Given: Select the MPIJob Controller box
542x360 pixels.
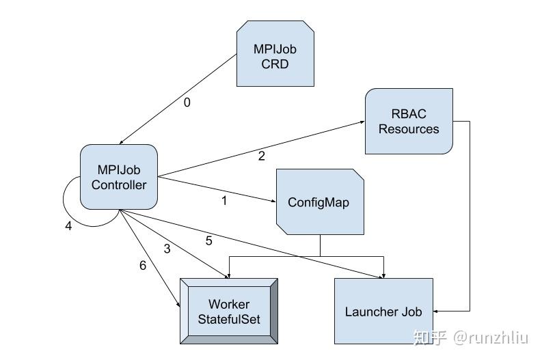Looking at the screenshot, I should (119, 176).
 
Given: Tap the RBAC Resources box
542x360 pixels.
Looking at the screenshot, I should (409, 121).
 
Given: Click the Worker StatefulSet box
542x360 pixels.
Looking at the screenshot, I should (228, 311).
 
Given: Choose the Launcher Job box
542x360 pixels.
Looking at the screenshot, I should (383, 311).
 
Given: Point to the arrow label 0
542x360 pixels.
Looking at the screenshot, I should (187, 103).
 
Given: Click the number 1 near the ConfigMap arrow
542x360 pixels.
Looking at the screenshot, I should (223, 201).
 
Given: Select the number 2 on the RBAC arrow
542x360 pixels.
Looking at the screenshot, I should (261, 156).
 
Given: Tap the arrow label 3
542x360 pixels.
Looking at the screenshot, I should (167, 249).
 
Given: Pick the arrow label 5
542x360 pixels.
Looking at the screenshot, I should (209, 240).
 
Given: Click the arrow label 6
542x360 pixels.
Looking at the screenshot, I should (142, 266).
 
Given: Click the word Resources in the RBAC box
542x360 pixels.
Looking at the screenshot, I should (409, 128).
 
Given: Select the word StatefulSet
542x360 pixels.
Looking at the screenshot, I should (228, 319).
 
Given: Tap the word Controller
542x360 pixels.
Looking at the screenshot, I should (119, 184).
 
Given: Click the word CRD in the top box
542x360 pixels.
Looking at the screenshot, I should (275, 64).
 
